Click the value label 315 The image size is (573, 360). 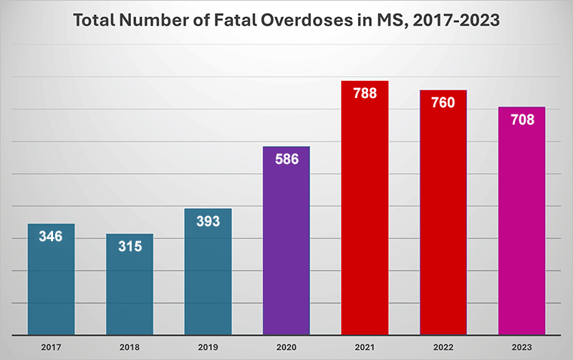[130, 246]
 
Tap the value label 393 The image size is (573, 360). [208, 221]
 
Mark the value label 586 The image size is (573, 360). [286, 159]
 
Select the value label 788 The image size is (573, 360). [365, 93]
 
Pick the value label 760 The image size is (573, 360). [443, 102]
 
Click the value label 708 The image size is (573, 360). [522, 120]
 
